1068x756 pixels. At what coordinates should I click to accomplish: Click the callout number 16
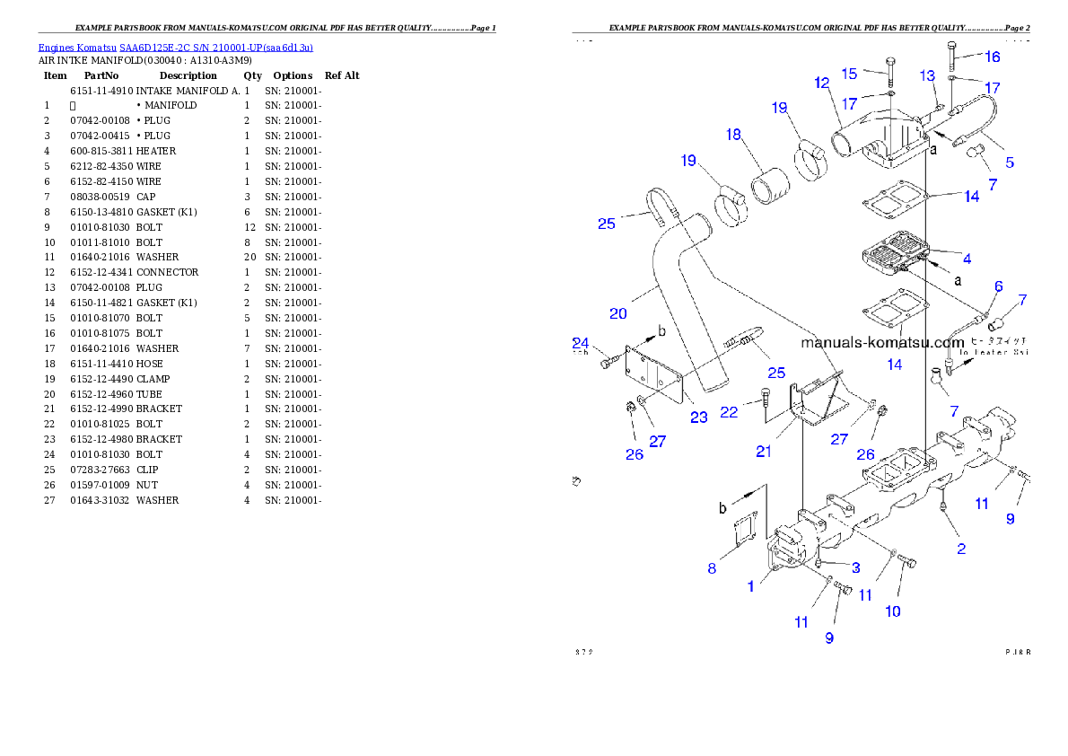(x=992, y=57)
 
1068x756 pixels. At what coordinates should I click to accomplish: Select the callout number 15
(x=849, y=74)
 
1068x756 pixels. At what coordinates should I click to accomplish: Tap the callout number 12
(x=821, y=83)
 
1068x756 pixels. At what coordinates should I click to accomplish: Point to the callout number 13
(x=927, y=75)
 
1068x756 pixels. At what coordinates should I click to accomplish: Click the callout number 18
(x=734, y=135)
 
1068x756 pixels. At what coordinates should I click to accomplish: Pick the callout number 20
(x=617, y=313)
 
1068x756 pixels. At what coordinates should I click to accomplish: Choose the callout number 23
(x=698, y=417)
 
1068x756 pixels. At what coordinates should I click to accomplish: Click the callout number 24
(x=580, y=342)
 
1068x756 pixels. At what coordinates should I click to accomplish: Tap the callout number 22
(x=729, y=411)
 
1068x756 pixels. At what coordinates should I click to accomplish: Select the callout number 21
(x=763, y=452)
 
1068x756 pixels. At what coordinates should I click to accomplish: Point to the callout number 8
(x=712, y=567)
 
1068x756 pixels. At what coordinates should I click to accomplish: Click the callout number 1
(x=751, y=586)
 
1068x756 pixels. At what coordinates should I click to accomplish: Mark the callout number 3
(x=856, y=567)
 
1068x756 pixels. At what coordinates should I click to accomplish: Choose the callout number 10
(x=893, y=611)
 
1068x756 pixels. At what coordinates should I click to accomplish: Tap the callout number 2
(x=961, y=549)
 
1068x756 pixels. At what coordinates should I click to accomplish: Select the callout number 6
(x=998, y=286)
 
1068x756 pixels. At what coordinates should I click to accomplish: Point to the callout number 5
(x=1010, y=163)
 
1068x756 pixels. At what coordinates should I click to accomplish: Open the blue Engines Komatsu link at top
(x=175, y=48)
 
